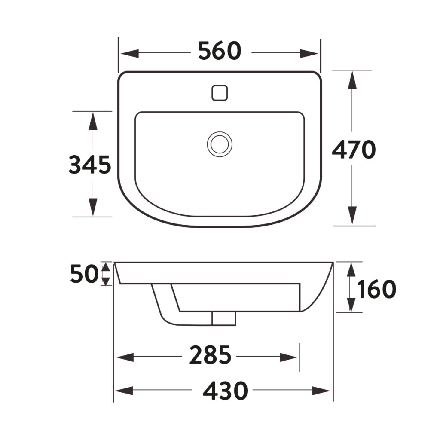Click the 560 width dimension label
coord(220,52)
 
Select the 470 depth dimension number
coord(354,150)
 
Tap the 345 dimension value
coord(90,165)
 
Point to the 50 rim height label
coord(85,274)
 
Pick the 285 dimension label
coord(211,356)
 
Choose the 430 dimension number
coord(225,391)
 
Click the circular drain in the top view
coord(220,144)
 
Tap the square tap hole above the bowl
coord(220,92)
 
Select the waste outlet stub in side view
coord(224,318)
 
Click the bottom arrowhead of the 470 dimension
coord(352,215)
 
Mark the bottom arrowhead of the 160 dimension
coord(351,304)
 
